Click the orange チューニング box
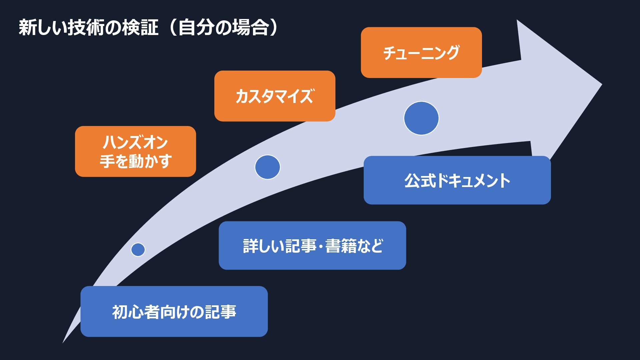[421, 53]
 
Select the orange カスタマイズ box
[274, 96]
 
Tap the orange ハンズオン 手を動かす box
[135, 151]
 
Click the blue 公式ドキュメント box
[457, 180]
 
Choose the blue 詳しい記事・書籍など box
[312, 246]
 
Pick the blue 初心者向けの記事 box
[174, 312]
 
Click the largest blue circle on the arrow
[421, 118]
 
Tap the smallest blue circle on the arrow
[138, 249]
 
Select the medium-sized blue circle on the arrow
[267, 167]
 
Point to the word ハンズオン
[135, 142]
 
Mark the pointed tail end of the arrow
[63, 342]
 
